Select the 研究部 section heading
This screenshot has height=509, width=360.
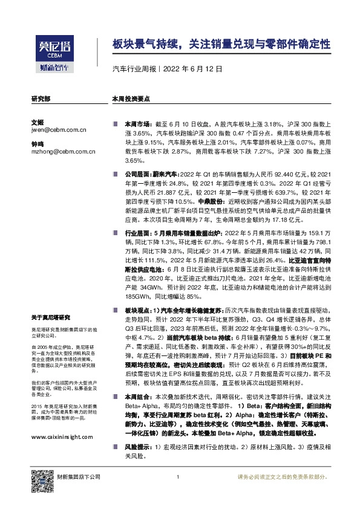pyautogui.click(x=41, y=98)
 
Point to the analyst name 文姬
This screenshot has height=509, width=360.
pyautogui.click(x=38, y=122)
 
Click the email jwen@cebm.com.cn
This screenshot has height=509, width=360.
pyautogui.click(x=59, y=129)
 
